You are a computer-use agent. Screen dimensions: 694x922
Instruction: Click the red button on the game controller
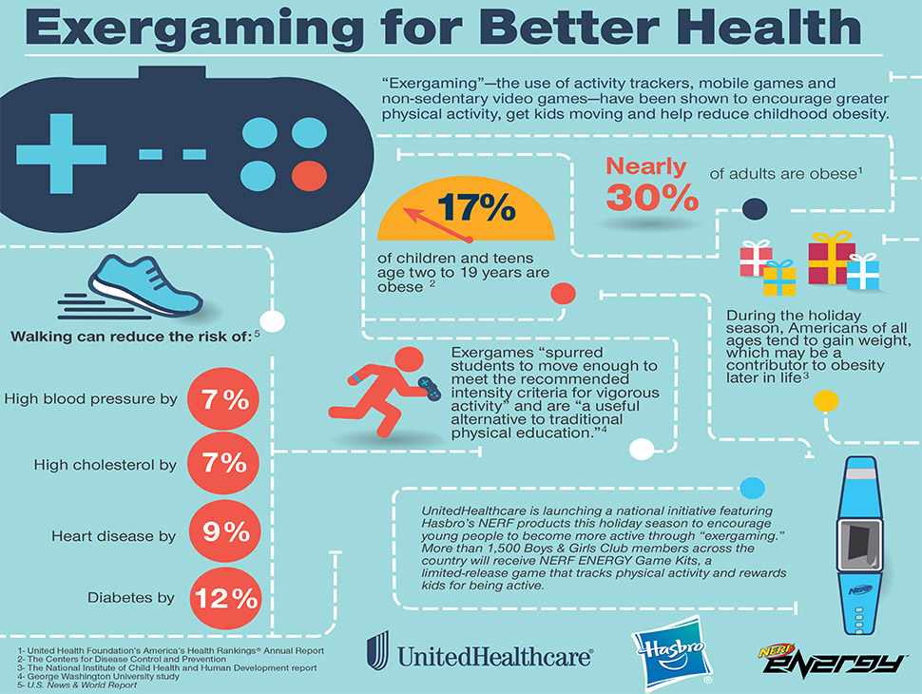[x=310, y=175]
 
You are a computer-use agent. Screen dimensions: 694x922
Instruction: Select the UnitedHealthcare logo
[x=480, y=654]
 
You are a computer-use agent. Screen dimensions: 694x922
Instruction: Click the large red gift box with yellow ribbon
[x=831, y=259]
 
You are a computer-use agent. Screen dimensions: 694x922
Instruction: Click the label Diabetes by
[x=130, y=598]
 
